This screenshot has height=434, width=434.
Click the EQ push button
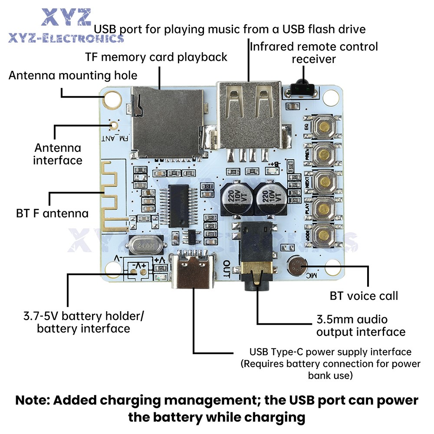point(324,126)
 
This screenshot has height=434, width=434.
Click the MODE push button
point(324,235)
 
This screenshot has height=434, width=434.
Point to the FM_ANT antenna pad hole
point(114,126)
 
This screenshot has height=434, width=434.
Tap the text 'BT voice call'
point(364,296)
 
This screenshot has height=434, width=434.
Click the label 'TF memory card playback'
point(156,57)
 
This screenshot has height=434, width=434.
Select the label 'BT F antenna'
point(52,214)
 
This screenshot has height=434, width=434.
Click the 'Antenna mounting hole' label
point(73,76)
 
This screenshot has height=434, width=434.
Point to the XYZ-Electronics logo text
point(65,38)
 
